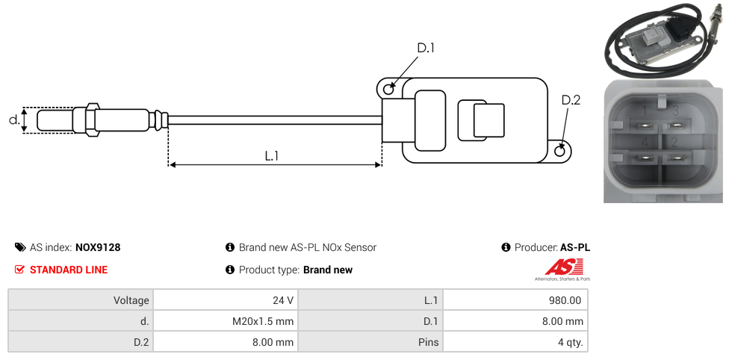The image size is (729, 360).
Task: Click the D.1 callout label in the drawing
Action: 425,48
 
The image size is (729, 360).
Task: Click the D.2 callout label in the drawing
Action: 570,100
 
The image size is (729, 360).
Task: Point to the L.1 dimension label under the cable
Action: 272,155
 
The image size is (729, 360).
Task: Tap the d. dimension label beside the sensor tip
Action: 13,120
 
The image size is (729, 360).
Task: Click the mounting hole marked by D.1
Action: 388,90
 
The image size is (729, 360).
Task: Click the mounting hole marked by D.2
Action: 561,152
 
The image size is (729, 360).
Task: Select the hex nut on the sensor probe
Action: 93,120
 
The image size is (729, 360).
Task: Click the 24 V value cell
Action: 225,300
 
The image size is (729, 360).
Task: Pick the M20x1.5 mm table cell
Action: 225,321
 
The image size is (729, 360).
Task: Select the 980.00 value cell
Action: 515,300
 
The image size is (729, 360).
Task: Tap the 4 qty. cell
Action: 515,342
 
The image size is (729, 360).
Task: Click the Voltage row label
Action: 80,300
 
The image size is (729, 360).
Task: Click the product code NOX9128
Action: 98,247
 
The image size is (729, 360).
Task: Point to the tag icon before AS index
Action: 20,247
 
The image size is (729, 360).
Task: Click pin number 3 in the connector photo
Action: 675,112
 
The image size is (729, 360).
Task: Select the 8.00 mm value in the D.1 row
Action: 515,321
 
